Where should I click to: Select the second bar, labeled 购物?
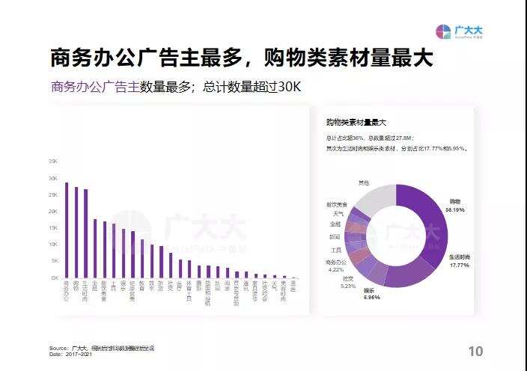tap(76, 232)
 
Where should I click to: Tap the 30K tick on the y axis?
tap(53, 178)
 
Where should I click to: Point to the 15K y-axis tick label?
tap(53, 228)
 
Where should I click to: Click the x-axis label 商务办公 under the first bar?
tap(67, 292)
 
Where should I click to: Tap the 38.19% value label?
tap(454, 210)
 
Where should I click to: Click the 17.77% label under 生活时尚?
tap(459, 264)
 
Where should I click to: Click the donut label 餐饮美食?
tap(336, 204)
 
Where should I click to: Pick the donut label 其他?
tap(363, 182)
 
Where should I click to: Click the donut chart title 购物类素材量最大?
tap(356, 122)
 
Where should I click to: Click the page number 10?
tap(475, 352)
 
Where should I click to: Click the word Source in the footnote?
tap(58, 348)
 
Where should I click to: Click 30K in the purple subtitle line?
tap(287, 87)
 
